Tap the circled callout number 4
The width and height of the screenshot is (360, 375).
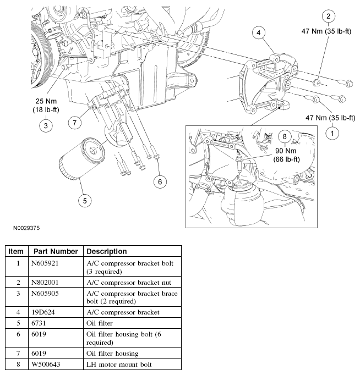(x=258, y=33)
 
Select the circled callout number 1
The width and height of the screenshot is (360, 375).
(x=332, y=133)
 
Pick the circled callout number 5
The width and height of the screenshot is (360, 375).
(x=84, y=201)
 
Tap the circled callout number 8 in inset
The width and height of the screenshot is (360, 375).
(x=285, y=136)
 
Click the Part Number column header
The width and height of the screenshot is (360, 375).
(x=53, y=251)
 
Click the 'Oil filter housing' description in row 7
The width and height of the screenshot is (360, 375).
(x=112, y=353)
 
